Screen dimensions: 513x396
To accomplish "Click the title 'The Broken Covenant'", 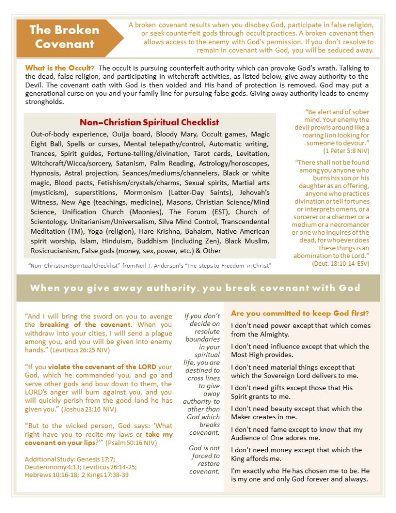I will pos(62,37).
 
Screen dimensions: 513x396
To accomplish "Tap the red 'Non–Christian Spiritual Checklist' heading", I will pos(149,122).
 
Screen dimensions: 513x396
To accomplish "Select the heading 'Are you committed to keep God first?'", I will pos(300,314).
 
